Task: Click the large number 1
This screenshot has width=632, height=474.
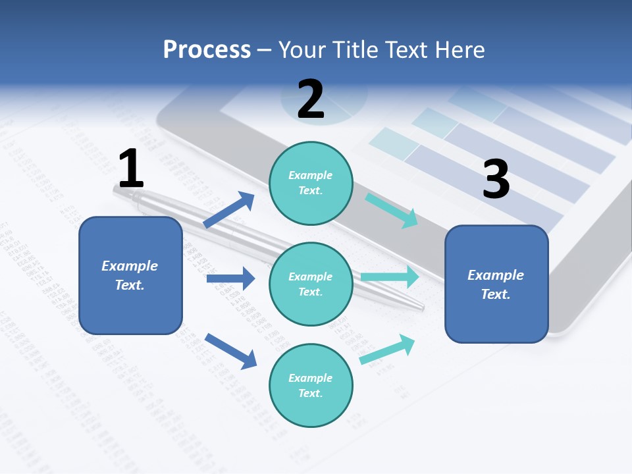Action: click(x=131, y=169)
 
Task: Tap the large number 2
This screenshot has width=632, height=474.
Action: click(x=311, y=99)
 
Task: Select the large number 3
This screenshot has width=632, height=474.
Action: click(x=496, y=180)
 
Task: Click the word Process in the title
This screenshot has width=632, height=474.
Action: click(x=207, y=49)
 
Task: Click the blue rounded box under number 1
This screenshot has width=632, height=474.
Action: click(x=130, y=275)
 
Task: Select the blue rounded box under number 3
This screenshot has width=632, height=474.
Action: click(x=496, y=284)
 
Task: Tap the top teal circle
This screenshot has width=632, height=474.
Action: click(x=311, y=183)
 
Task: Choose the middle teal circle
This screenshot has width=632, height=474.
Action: click(x=311, y=284)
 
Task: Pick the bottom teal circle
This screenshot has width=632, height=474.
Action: click(x=311, y=385)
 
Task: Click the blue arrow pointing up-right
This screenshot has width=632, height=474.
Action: click(x=229, y=210)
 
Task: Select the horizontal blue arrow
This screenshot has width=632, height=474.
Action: click(x=230, y=278)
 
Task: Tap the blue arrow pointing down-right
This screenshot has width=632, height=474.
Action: click(x=230, y=351)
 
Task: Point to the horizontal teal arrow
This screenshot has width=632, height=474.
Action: click(x=390, y=276)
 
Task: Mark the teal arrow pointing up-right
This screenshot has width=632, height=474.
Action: click(x=388, y=350)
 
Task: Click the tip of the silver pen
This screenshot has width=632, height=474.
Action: click(x=421, y=307)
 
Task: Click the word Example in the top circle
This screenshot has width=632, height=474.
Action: click(x=311, y=176)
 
